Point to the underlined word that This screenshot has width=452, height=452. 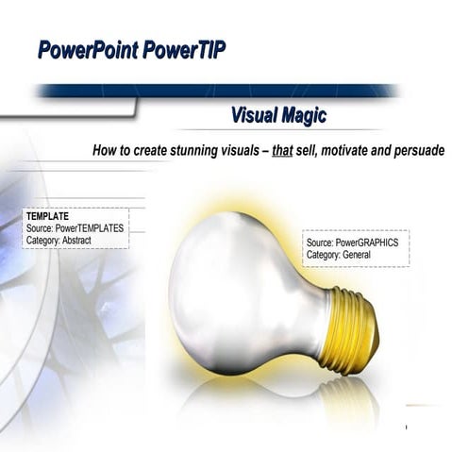point(282,151)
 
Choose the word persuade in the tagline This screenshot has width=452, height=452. point(412,151)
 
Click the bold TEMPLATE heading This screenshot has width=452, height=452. point(47,216)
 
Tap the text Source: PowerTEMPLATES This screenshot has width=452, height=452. point(75,227)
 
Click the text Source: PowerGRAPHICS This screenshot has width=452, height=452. point(352,243)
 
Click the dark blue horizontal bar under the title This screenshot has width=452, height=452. point(217,92)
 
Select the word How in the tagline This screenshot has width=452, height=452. point(104,151)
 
